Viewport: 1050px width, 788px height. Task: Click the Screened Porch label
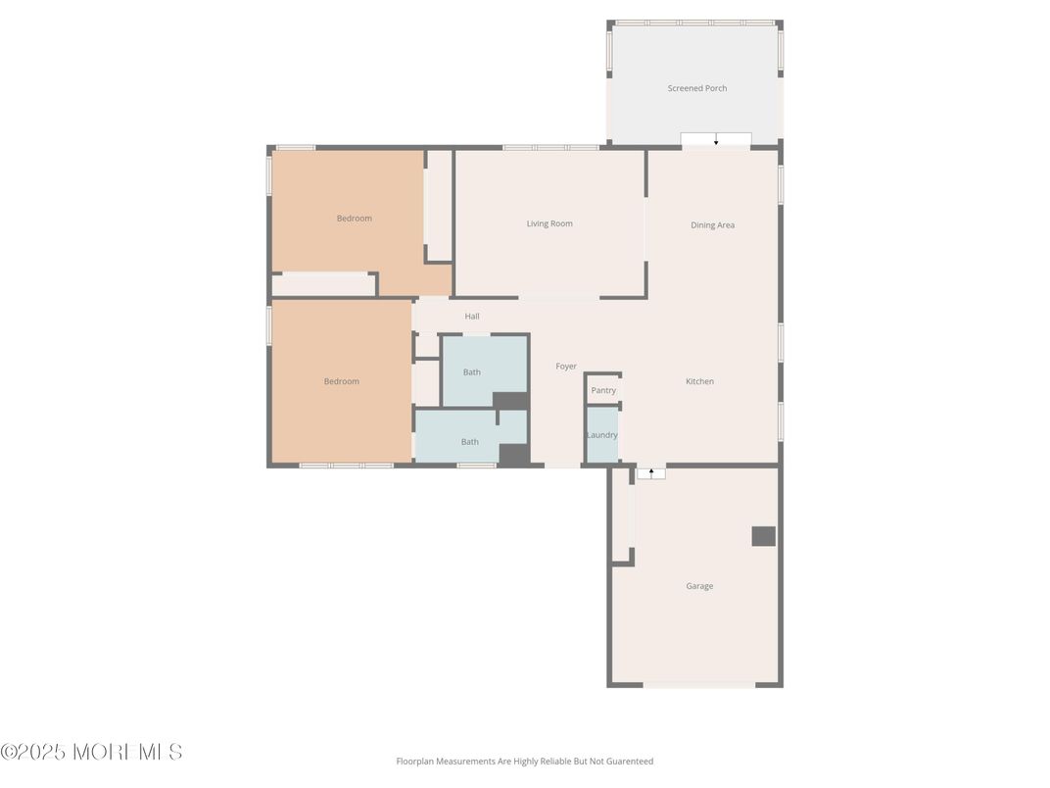(696, 88)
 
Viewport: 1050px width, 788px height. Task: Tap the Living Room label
(549, 223)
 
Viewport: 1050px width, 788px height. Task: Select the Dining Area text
(712, 225)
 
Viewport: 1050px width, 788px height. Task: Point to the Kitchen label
(699, 381)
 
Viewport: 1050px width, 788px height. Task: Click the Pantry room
(603, 390)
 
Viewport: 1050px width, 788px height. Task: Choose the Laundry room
(601, 435)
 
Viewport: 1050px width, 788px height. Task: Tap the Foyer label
(566, 367)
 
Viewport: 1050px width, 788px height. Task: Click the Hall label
(472, 317)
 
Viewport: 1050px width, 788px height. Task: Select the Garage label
(699, 586)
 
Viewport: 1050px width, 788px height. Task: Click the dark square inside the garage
(763, 536)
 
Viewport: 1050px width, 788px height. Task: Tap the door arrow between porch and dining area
(716, 140)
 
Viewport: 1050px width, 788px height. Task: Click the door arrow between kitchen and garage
(651, 473)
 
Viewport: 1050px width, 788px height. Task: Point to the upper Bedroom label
(354, 219)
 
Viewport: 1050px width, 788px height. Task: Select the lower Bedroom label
(341, 381)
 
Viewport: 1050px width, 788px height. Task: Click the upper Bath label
(472, 372)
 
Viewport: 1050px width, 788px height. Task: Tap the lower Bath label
(470, 442)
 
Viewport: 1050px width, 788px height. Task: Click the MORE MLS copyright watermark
(91, 753)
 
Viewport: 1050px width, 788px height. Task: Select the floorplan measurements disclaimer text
(524, 762)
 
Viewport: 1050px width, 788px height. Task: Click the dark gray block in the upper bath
(509, 400)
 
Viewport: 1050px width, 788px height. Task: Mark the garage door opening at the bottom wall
(698, 684)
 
